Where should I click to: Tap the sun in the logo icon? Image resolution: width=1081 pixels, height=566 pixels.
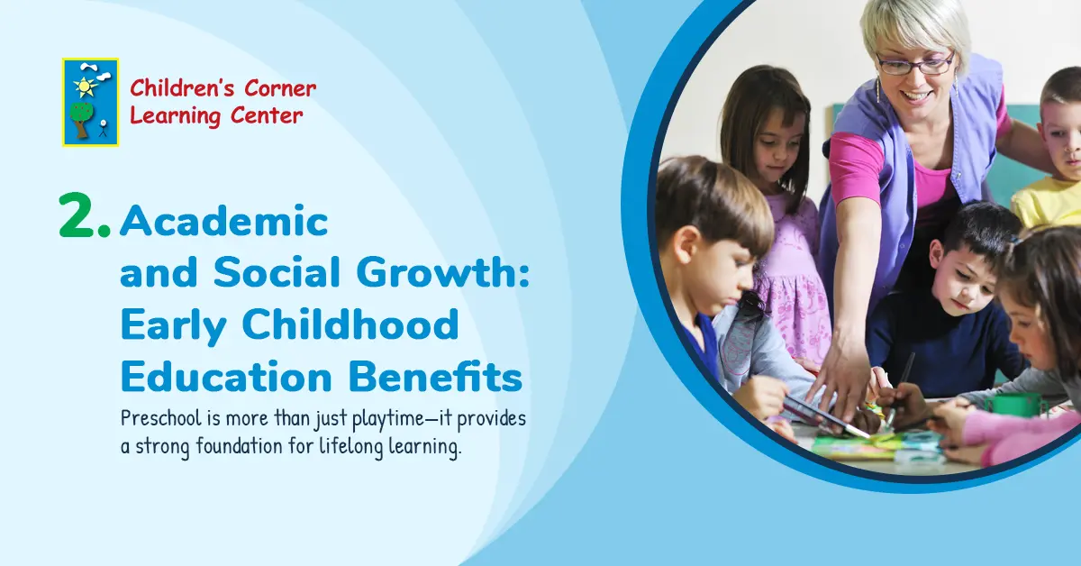click(85, 87)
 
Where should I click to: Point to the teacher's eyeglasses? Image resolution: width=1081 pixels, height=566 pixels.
click(913, 65)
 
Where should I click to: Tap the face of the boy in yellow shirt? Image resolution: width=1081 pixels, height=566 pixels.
click(1064, 135)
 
